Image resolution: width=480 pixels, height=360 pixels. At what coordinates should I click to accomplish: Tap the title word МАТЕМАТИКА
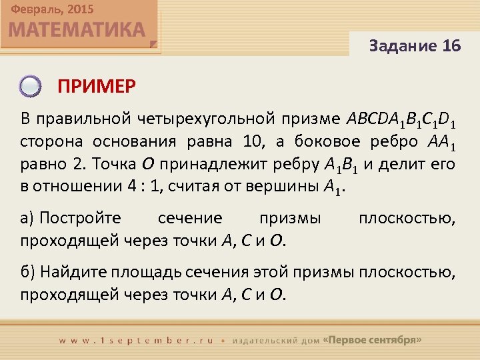pyautogui.click(x=77, y=31)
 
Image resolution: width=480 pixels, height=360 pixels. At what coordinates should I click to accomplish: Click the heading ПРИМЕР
pyautogui.click(x=96, y=86)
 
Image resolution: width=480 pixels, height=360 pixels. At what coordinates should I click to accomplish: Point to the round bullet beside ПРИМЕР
pyautogui.click(x=30, y=86)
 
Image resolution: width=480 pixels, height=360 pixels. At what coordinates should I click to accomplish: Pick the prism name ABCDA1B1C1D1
pyautogui.click(x=402, y=119)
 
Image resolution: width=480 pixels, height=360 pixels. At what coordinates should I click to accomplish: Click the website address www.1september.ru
pyautogui.click(x=136, y=340)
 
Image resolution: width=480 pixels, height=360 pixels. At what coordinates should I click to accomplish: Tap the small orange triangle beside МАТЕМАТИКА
pyautogui.click(x=153, y=45)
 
